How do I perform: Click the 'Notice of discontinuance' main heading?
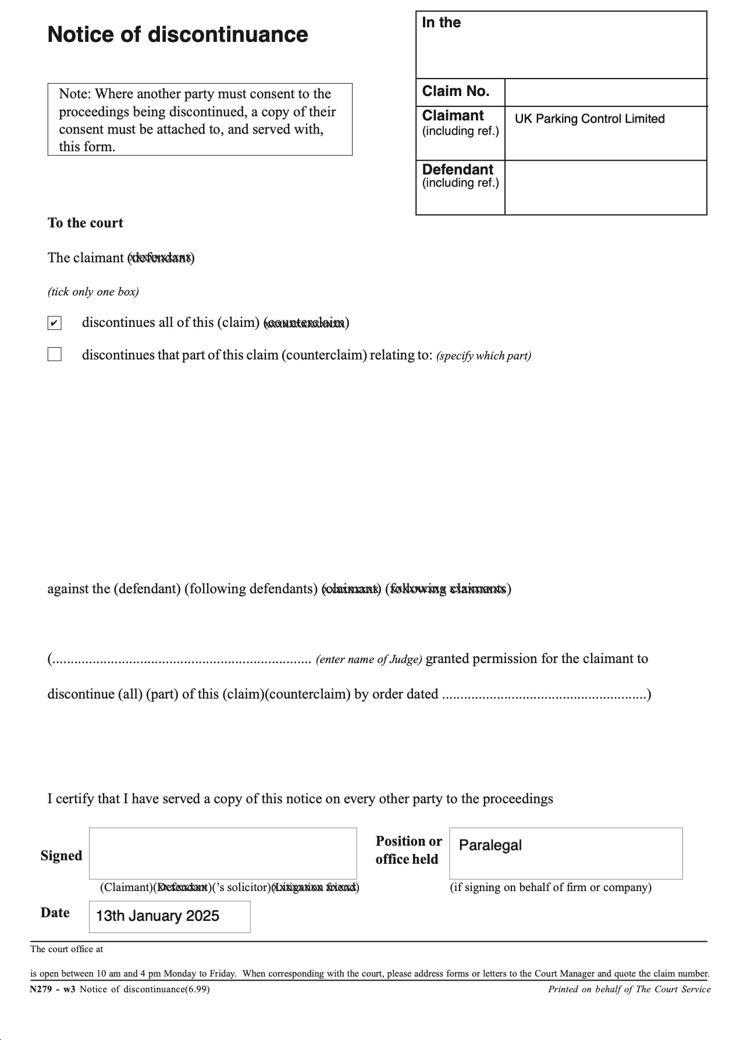177,35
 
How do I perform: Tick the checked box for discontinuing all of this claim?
54,323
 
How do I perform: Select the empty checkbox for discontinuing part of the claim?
54,354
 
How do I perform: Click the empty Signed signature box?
223,853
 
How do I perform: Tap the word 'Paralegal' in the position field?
490,845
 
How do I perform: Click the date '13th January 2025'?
158,916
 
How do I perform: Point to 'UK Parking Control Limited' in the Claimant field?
589,119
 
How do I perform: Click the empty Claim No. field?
605,92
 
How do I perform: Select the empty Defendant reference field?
605,187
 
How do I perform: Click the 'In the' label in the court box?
441,23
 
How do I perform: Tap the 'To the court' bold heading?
86,223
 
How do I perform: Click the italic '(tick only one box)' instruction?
93,291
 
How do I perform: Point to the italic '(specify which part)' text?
483,356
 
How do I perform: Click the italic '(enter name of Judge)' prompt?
369,660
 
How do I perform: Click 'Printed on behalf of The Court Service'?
629,989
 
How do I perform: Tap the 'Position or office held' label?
408,850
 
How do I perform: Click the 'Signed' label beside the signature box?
61,856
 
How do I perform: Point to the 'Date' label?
55,913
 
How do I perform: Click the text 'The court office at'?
67,949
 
